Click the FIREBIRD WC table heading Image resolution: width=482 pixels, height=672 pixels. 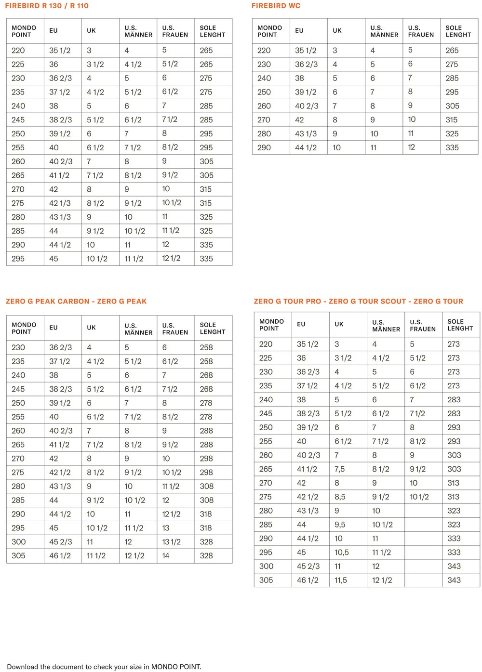(276, 6)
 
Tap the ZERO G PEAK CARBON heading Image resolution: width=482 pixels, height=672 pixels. (48, 302)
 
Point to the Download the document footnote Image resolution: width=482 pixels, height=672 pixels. (104, 667)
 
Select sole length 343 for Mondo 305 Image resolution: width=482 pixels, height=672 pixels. (454, 580)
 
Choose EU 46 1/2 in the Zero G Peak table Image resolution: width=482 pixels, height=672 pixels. (60, 555)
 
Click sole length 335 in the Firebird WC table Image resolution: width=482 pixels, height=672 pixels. (452, 147)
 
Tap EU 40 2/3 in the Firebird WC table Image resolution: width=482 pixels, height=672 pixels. (307, 106)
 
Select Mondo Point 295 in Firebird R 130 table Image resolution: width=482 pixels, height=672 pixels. (18, 259)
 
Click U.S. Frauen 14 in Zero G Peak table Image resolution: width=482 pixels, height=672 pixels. (166, 555)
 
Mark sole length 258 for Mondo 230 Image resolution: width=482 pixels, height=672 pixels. (206, 347)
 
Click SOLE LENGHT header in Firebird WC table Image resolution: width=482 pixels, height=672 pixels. (458, 31)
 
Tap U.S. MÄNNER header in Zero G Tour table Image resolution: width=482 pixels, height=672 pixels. (386, 326)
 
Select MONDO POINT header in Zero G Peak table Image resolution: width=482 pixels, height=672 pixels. (24, 328)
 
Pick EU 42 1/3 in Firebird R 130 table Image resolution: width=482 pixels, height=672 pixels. (60, 203)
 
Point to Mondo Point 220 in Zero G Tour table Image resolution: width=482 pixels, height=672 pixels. (266, 344)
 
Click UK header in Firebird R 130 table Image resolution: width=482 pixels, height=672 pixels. (91, 30)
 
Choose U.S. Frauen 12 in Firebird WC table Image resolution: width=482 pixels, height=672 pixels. (411, 147)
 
